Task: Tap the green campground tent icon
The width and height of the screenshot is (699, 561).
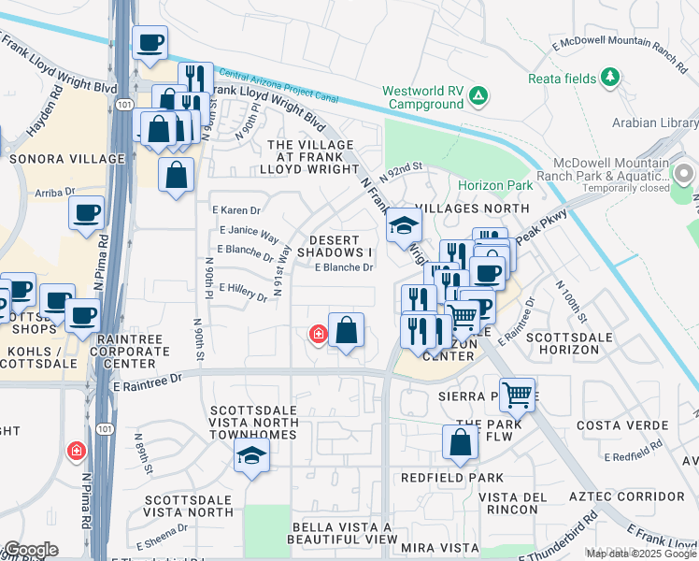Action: click(478, 94)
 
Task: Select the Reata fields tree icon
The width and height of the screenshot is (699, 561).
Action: click(611, 77)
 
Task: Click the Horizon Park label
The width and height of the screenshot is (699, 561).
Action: click(494, 186)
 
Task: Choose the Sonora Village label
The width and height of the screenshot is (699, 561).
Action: click(66, 160)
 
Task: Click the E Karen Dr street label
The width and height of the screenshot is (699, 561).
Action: click(236, 210)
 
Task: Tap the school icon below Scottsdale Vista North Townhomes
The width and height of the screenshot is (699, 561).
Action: click(251, 455)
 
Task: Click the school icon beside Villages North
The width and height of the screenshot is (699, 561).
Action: click(404, 224)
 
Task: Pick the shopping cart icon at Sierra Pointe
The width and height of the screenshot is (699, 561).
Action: click(517, 394)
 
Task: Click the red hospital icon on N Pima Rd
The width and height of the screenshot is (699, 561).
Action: click(76, 453)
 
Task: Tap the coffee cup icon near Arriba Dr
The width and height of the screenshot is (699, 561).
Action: click(86, 212)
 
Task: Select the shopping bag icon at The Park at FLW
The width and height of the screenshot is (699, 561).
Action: click(460, 441)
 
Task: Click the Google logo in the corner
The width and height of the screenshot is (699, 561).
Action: click(30, 550)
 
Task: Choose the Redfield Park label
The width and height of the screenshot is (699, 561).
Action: click(439, 477)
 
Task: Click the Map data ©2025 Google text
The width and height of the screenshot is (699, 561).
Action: click(641, 554)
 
